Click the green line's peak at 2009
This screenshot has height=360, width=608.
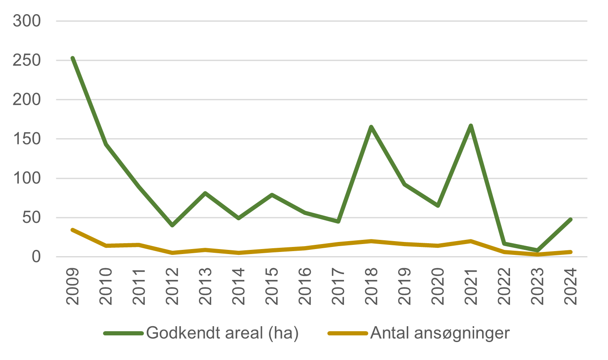pyautogui.click(x=73, y=58)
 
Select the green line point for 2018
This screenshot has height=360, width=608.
pyautogui.click(x=371, y=127)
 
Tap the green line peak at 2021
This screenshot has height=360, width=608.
pyautogui.click(x=471, y=126)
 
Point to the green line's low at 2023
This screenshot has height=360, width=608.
pyautogui.click(x=538, y=250)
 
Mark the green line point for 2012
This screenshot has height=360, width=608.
pyautogui.click(x=172, y=225)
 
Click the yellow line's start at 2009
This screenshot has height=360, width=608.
pyautogui.click(x=73, y=230)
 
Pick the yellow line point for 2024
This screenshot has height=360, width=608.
pyautogui.click(x=570, y=252)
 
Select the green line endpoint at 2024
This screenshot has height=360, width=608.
pyautogui.click(x=570, y=219)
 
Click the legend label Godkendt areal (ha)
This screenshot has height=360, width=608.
pyautogui.click(x=222, y=333)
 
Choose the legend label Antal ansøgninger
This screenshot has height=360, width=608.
pyautogui.click(x=440, y=333)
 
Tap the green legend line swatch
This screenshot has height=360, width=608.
pyautogui.click(x=124, y=333)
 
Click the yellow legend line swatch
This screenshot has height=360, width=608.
pyautogui.click(x=348, y=333)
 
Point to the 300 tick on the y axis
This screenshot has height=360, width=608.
pyautogui.click(x=27, y=21)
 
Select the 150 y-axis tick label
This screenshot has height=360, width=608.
pyautogui.click(x=27, y=139)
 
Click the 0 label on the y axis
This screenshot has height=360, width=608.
pyautogui.click(x=36, y=257)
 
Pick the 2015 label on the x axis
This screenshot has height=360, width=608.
pyautogui.click(x=272, y=286)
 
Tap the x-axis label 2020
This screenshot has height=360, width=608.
pyautogui.click(x=438, y=286)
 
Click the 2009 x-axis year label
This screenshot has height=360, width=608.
pyautogui.click(x=73, y=286)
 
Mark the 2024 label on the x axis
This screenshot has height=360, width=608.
pyautogui.click(x=570, y=286)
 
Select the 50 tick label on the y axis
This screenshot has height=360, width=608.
pyautogui.click(x=32, y=218)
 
